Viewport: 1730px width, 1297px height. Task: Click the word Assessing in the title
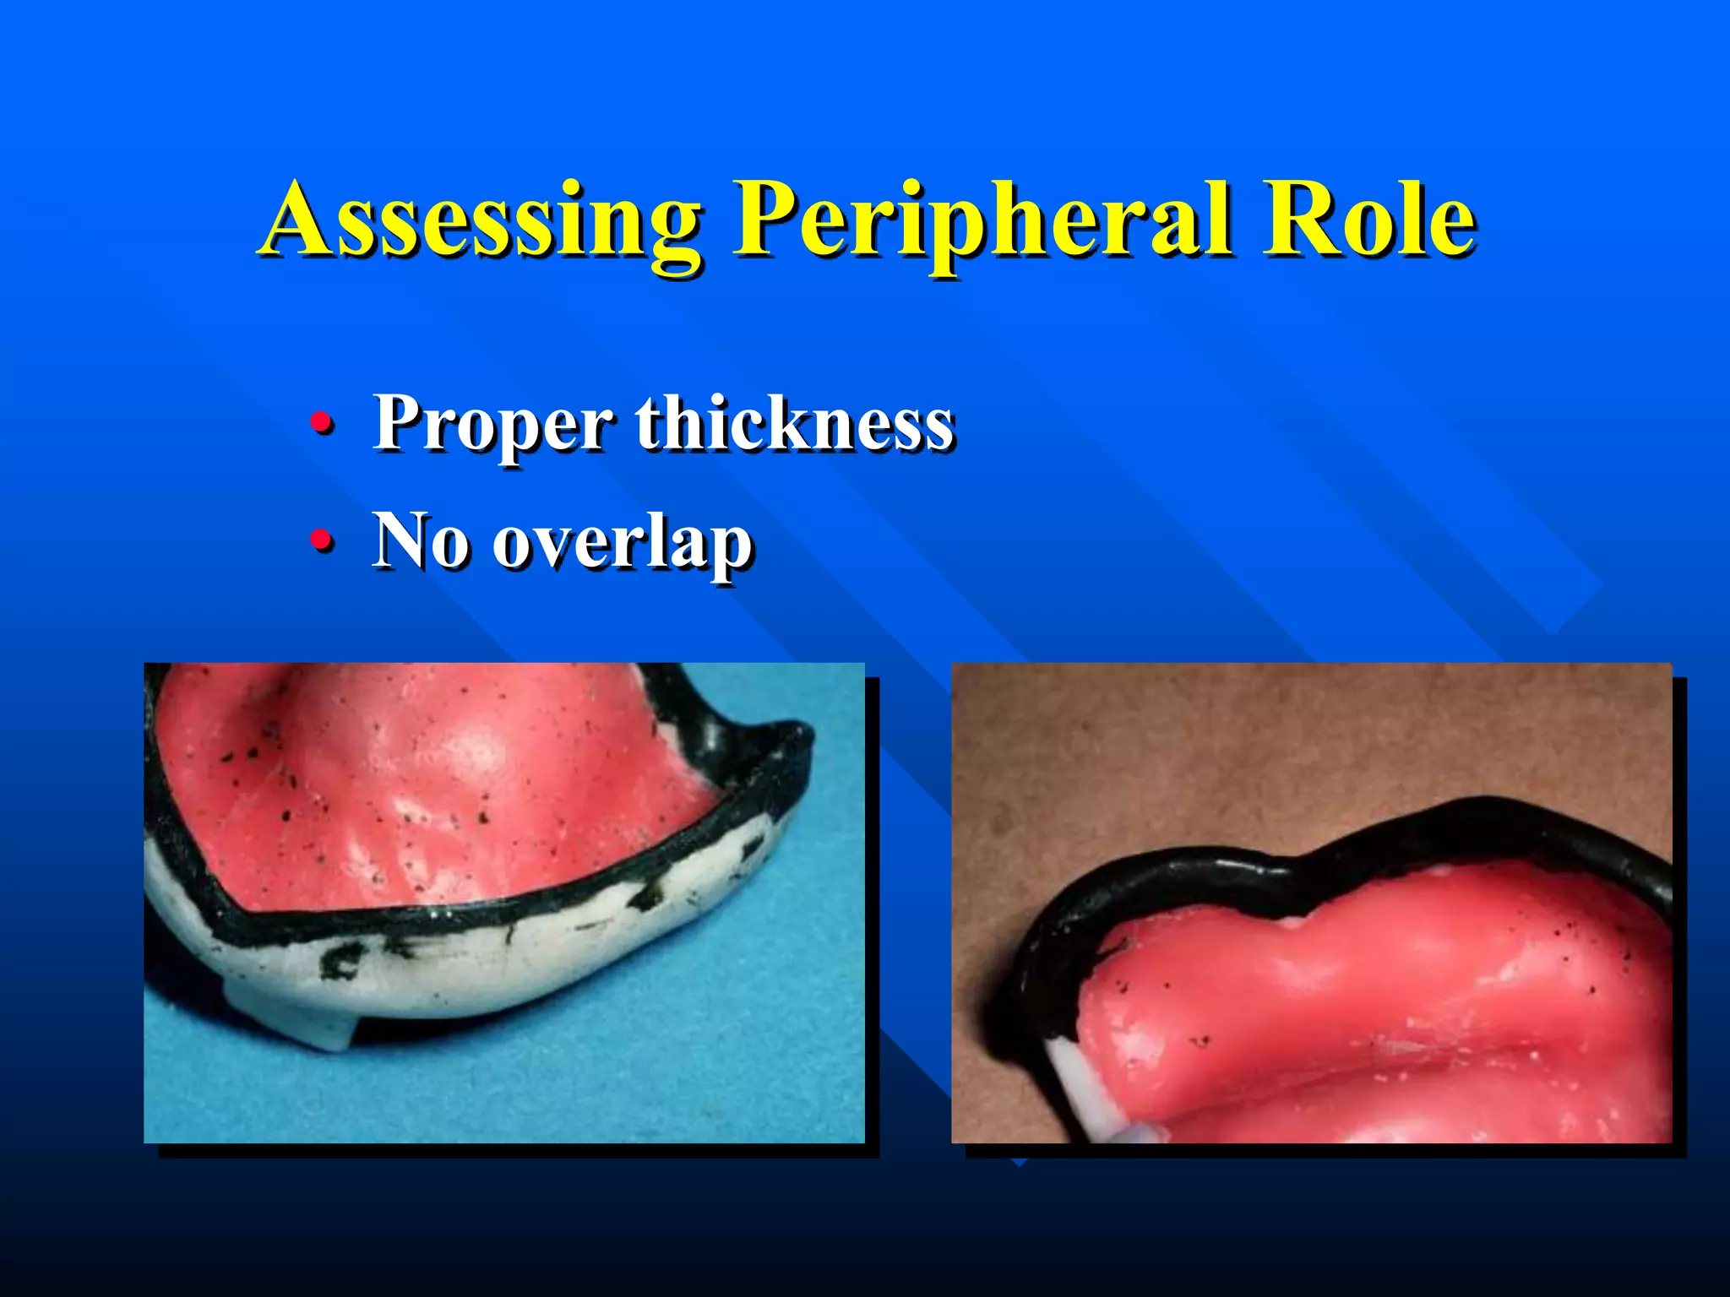point(481,221)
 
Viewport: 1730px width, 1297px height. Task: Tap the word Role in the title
point(1368,221)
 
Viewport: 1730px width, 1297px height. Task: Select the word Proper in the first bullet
point(492,425)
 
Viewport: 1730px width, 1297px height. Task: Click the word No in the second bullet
point(420,540)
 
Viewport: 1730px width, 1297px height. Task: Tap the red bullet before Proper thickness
point(320,421)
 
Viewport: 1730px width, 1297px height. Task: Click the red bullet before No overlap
point(320,540)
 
